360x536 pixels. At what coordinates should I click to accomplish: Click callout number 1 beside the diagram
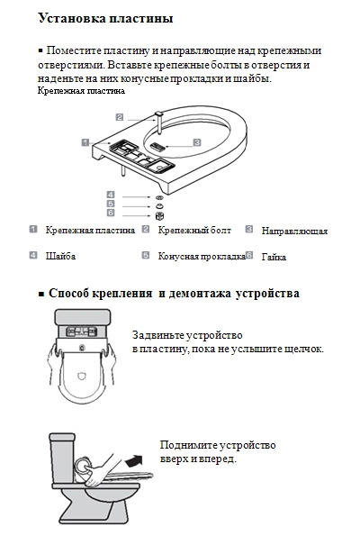click(84, 141)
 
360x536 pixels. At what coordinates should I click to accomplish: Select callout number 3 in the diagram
click(196, 142)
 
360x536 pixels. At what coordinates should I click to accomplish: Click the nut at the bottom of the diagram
click(159, 214)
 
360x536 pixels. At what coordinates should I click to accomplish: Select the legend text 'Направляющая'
click(294, 232)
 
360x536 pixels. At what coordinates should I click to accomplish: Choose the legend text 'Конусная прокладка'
click(201, 257)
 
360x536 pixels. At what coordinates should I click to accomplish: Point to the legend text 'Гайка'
click(274, 258)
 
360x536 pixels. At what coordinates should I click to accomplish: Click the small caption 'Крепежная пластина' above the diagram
click(82, 91)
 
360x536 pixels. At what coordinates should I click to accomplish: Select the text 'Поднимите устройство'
click(217, 445)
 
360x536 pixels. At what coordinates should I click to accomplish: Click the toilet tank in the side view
click(65, 448)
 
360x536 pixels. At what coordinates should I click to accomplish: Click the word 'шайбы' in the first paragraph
click(252, 78)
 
